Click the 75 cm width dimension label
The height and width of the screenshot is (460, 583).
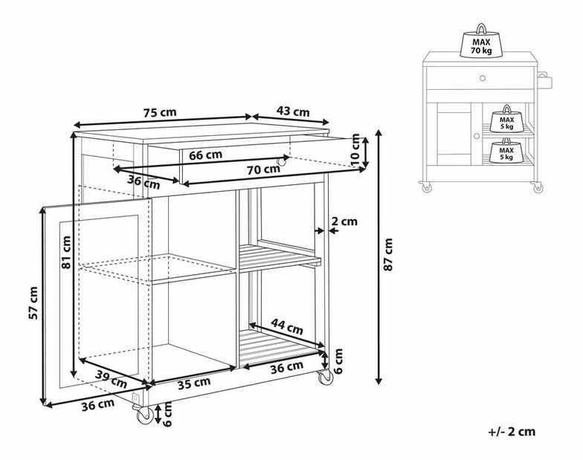(x=161, y=111)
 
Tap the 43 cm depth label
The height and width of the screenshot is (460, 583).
(x=293, y=111)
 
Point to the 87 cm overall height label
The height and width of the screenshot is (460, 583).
(x=388, y=254)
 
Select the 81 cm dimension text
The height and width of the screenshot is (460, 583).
(x=67, y=253)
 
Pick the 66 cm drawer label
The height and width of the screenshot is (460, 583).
(x=205, y=155)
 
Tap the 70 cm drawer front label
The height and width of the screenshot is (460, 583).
(x=263, y=169)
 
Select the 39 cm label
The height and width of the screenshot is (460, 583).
(x=111, y=379)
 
